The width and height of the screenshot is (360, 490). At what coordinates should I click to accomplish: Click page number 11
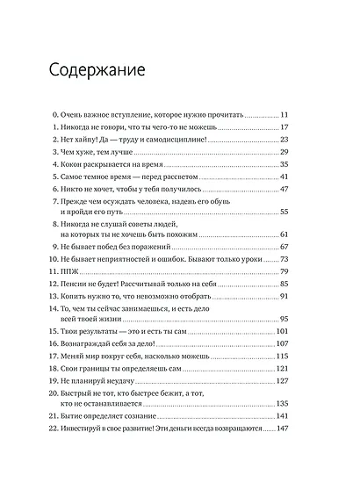(284, 115)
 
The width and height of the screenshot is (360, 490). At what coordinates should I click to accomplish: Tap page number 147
(283, 453)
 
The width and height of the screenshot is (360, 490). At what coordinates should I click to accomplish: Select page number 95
(284, 320)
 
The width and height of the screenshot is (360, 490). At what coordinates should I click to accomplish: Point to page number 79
(284, 272)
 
